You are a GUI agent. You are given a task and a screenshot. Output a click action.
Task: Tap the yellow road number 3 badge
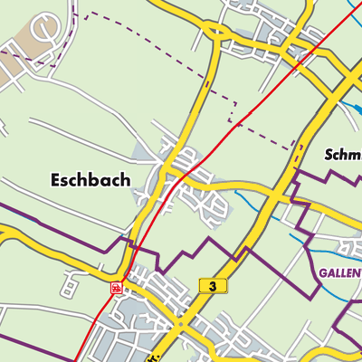(210, 286)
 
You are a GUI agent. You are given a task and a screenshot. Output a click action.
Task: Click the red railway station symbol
(116, 287)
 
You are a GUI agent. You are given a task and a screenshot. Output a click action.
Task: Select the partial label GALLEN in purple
(339, 271)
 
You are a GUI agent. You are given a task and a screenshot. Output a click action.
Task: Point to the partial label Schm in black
(343, 155)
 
